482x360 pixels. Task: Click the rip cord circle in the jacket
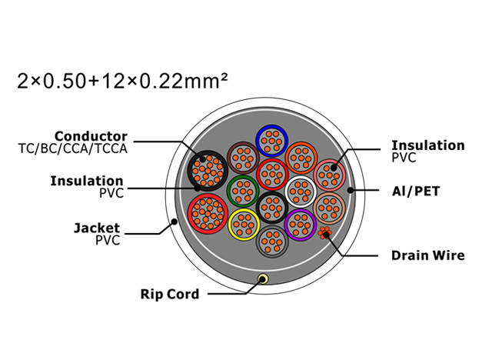[262, 279]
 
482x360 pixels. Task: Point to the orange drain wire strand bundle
[324, 233]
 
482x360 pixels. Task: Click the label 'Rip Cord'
[170, 294]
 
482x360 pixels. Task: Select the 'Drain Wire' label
[427, 255]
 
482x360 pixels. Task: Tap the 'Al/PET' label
[416, 191]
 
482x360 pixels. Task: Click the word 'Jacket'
[97, 228]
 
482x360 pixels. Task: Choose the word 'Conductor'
[91, 136]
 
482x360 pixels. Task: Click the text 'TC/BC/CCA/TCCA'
[73, 148]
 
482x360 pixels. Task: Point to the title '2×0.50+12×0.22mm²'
[123, 81]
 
